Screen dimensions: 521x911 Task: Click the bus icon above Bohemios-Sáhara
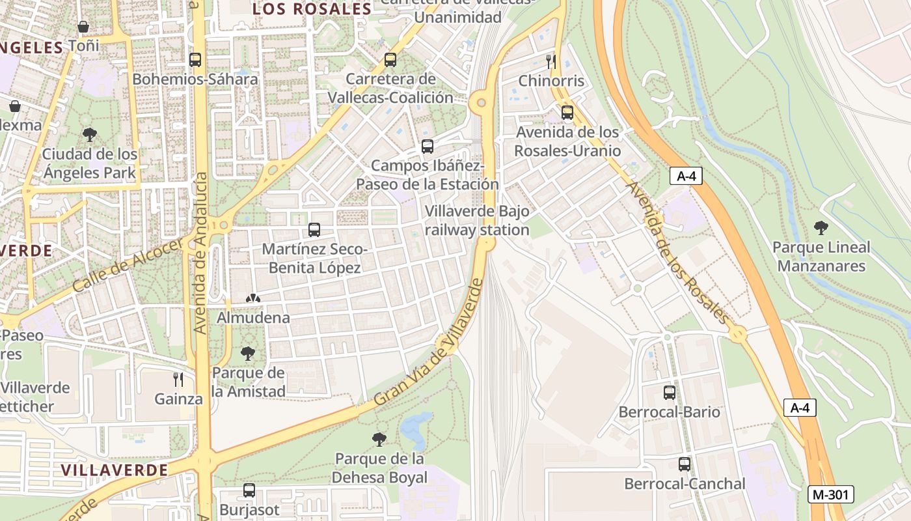pyautogui.click(x=195, y=60)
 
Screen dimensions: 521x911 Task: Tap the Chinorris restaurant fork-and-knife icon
pyautogui.click(x=551, y=62)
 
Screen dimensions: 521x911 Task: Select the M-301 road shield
pyautogui.click(x=830, y=494)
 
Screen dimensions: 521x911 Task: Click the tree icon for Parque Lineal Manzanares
pyautogui.click(x=821, y=228)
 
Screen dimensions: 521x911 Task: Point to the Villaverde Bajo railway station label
pyautogui.click(x=476, y=221)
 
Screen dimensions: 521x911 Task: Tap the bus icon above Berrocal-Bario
pyautogui.click(x=669, y=393)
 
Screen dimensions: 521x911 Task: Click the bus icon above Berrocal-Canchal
pyautogui.click(x=684, y=464)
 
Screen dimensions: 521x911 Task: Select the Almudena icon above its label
pyautogui.click(x=252, y=299)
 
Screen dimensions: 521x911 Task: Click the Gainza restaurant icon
pyautogui.click(x=178, y=380)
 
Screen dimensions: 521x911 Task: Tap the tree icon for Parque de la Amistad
pyautogui.click(x=248, y=354)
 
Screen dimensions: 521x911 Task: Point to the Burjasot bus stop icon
pyautogui.click(x=249, y=490)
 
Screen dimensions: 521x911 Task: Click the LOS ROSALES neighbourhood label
pyautogui.click(x=312, y=9)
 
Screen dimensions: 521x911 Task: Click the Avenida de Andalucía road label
pyautogui.click(x=200, y=254)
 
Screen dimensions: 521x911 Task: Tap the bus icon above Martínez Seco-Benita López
pyautogui.click(x=314, y=230)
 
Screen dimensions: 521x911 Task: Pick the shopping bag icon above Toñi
pyautogui.click(x=83, y=27)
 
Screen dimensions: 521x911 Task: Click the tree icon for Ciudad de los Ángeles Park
pyautogui.click(x=90, y=135)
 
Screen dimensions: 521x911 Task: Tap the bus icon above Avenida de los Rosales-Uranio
pyautogui.click(x=567, y=113)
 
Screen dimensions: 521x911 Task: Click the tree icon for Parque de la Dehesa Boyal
pyautogui.click(x=379, y=440)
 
